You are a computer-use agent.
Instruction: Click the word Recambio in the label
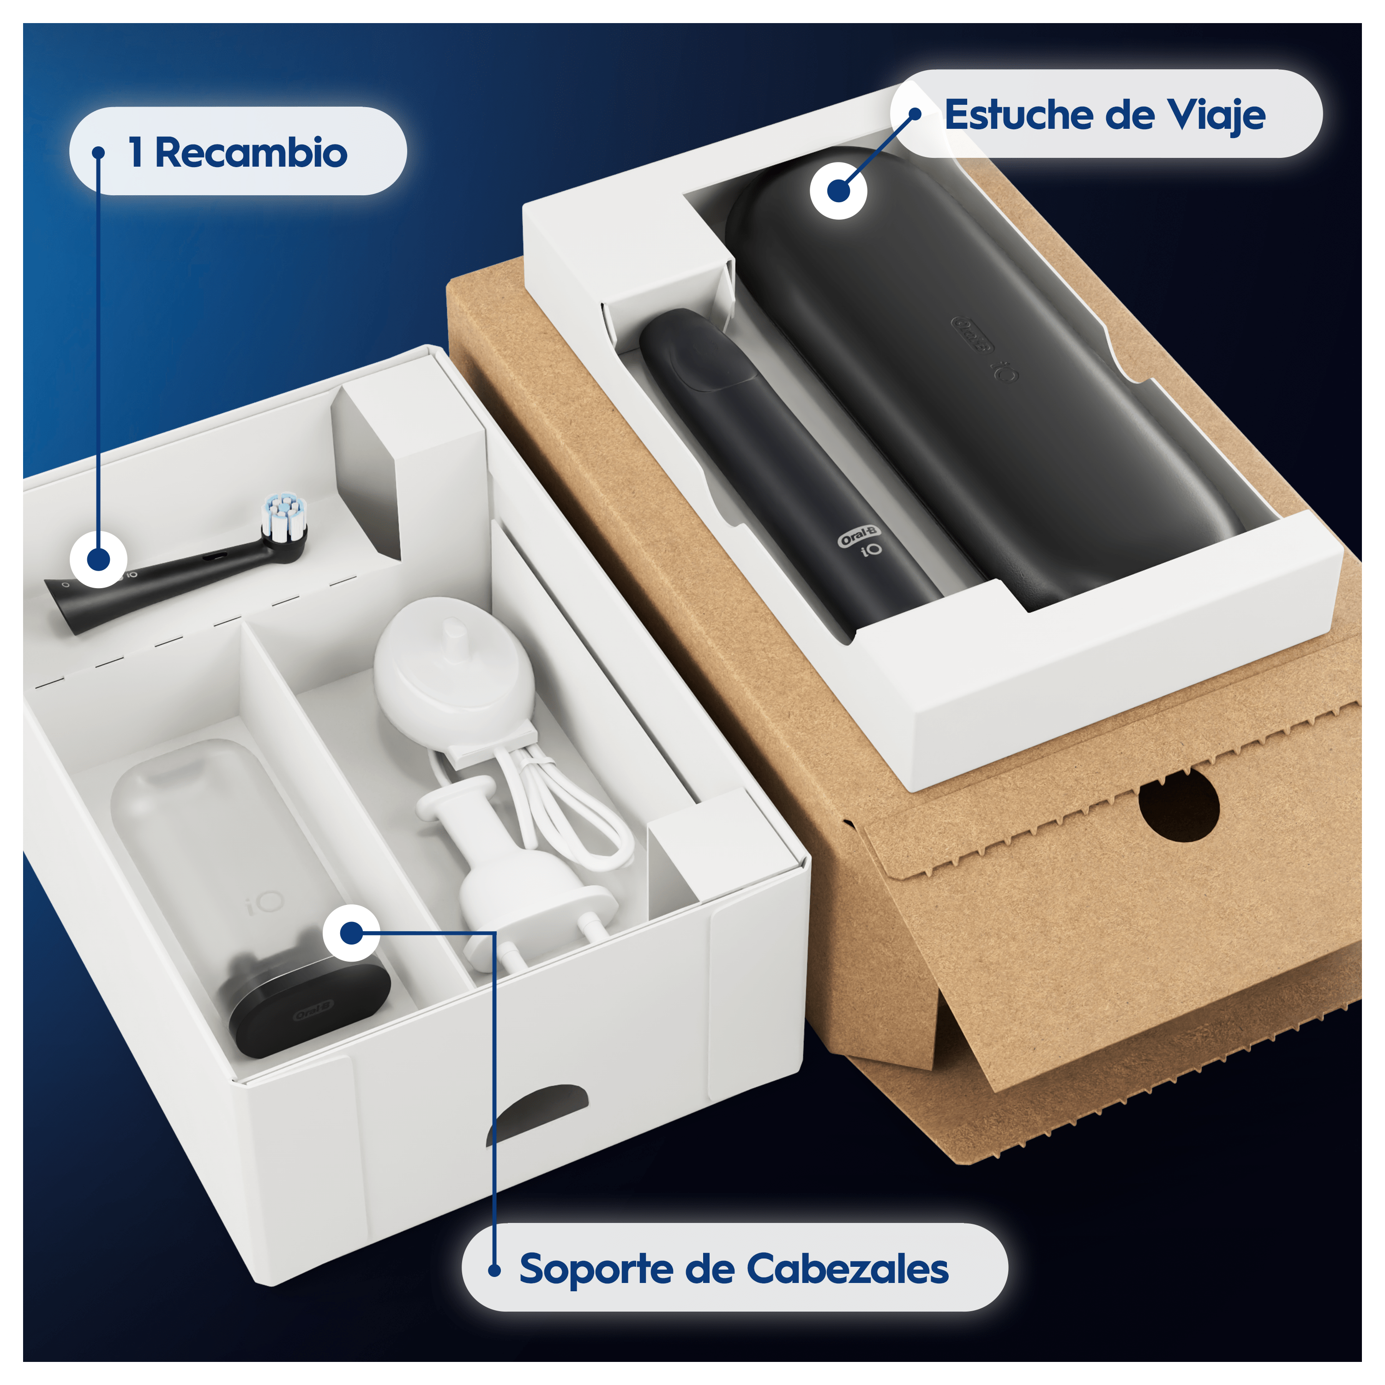[251, 153]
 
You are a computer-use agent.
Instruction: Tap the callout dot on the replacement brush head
[99, 559]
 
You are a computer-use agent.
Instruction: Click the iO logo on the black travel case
[1005, 372]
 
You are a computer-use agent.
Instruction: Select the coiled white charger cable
[566, 803]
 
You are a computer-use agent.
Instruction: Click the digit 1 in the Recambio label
[135, 153]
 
